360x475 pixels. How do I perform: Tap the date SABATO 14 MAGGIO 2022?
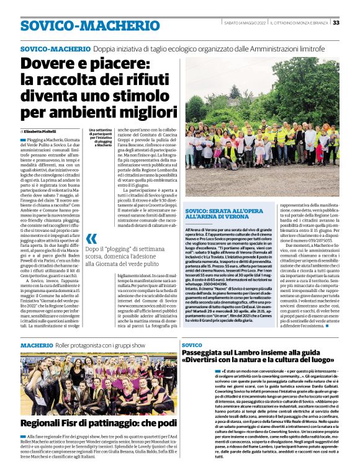pos(244,23)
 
